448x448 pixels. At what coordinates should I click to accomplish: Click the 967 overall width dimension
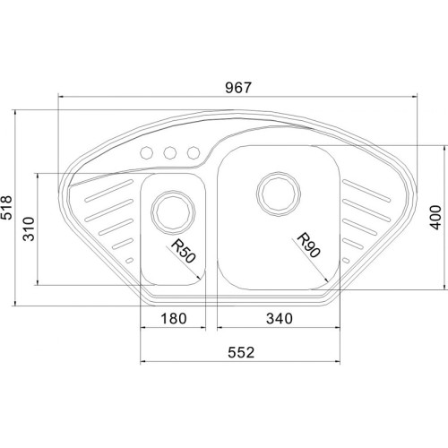(238, 88)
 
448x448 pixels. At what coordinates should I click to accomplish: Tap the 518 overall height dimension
(7, 207)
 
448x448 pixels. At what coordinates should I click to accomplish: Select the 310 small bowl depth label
(29, 229)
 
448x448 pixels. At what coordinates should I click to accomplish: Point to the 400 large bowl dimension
(435, 218)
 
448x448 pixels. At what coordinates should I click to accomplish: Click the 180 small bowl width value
(174, 318)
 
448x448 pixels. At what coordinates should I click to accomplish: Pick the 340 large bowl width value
(280, 318)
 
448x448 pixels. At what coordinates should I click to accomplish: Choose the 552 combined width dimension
(241, 352)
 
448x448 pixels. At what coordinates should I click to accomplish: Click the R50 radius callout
(184, 252)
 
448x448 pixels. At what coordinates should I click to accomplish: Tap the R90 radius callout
(309, 245)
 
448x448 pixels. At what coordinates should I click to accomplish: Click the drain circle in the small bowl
(173, 212)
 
